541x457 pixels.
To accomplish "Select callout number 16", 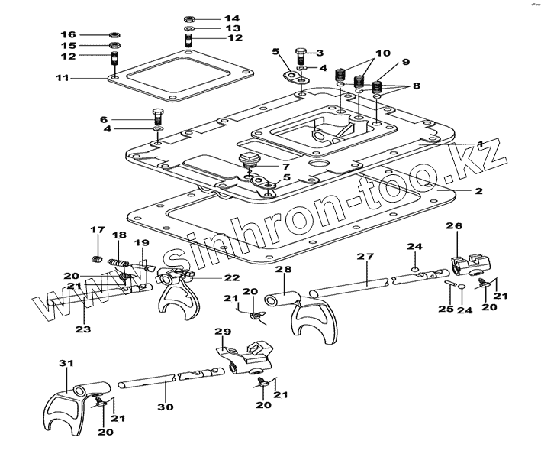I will pos(69,34).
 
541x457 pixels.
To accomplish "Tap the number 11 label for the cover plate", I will pos(63,78).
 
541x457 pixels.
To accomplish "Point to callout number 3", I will pos(320,53).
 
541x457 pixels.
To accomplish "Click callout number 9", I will pos(405,62).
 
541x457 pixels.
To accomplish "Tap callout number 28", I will pos(282,269).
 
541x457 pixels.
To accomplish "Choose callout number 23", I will pos(82,329).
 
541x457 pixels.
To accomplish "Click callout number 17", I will pos(97,229).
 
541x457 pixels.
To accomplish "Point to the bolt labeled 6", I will pos(157,117).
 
